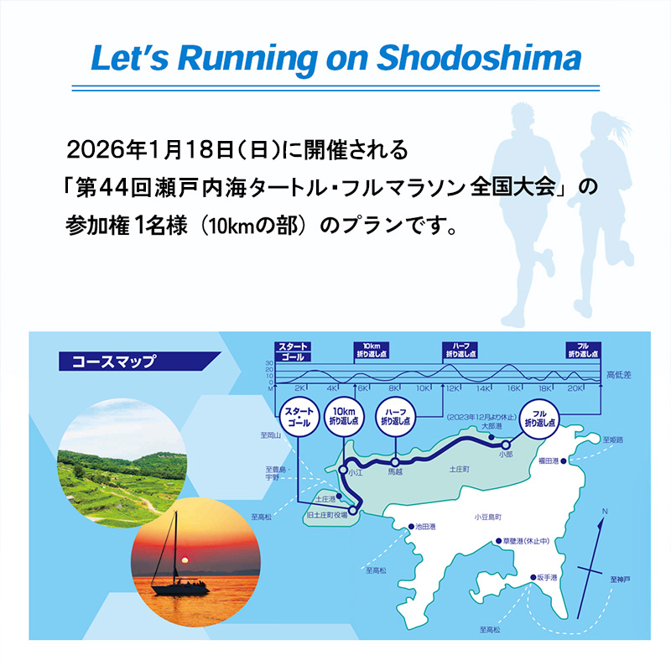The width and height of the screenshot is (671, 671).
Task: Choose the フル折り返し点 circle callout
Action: click(541, 418)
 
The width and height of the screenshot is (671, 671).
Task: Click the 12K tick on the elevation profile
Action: click(453, 388)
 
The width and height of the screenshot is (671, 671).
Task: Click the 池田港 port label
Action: click(431, 527)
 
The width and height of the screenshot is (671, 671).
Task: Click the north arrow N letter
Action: click(605, 510)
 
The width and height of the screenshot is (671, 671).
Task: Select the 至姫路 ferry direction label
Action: click(618, 439)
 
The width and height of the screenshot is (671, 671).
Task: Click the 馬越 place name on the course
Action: click(396, 473)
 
